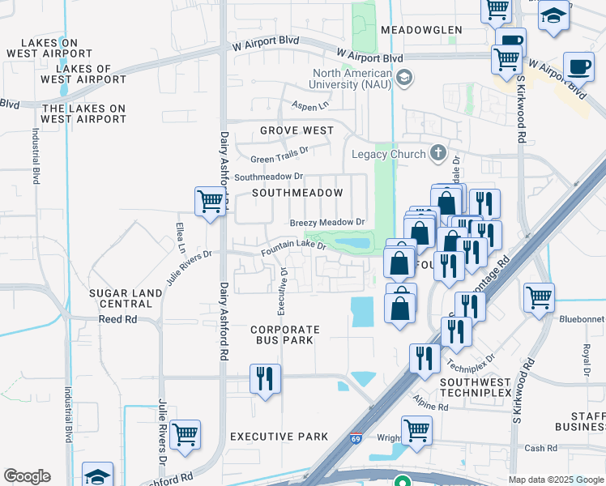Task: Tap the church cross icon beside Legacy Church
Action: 438,152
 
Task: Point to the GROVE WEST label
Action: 297,130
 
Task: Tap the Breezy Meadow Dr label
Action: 328,222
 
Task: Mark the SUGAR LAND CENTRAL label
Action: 113,297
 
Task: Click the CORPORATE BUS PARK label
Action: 285,336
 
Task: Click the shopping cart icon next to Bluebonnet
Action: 539,297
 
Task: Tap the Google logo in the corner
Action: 27,476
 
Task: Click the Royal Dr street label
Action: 586,354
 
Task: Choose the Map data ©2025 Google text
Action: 555,480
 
